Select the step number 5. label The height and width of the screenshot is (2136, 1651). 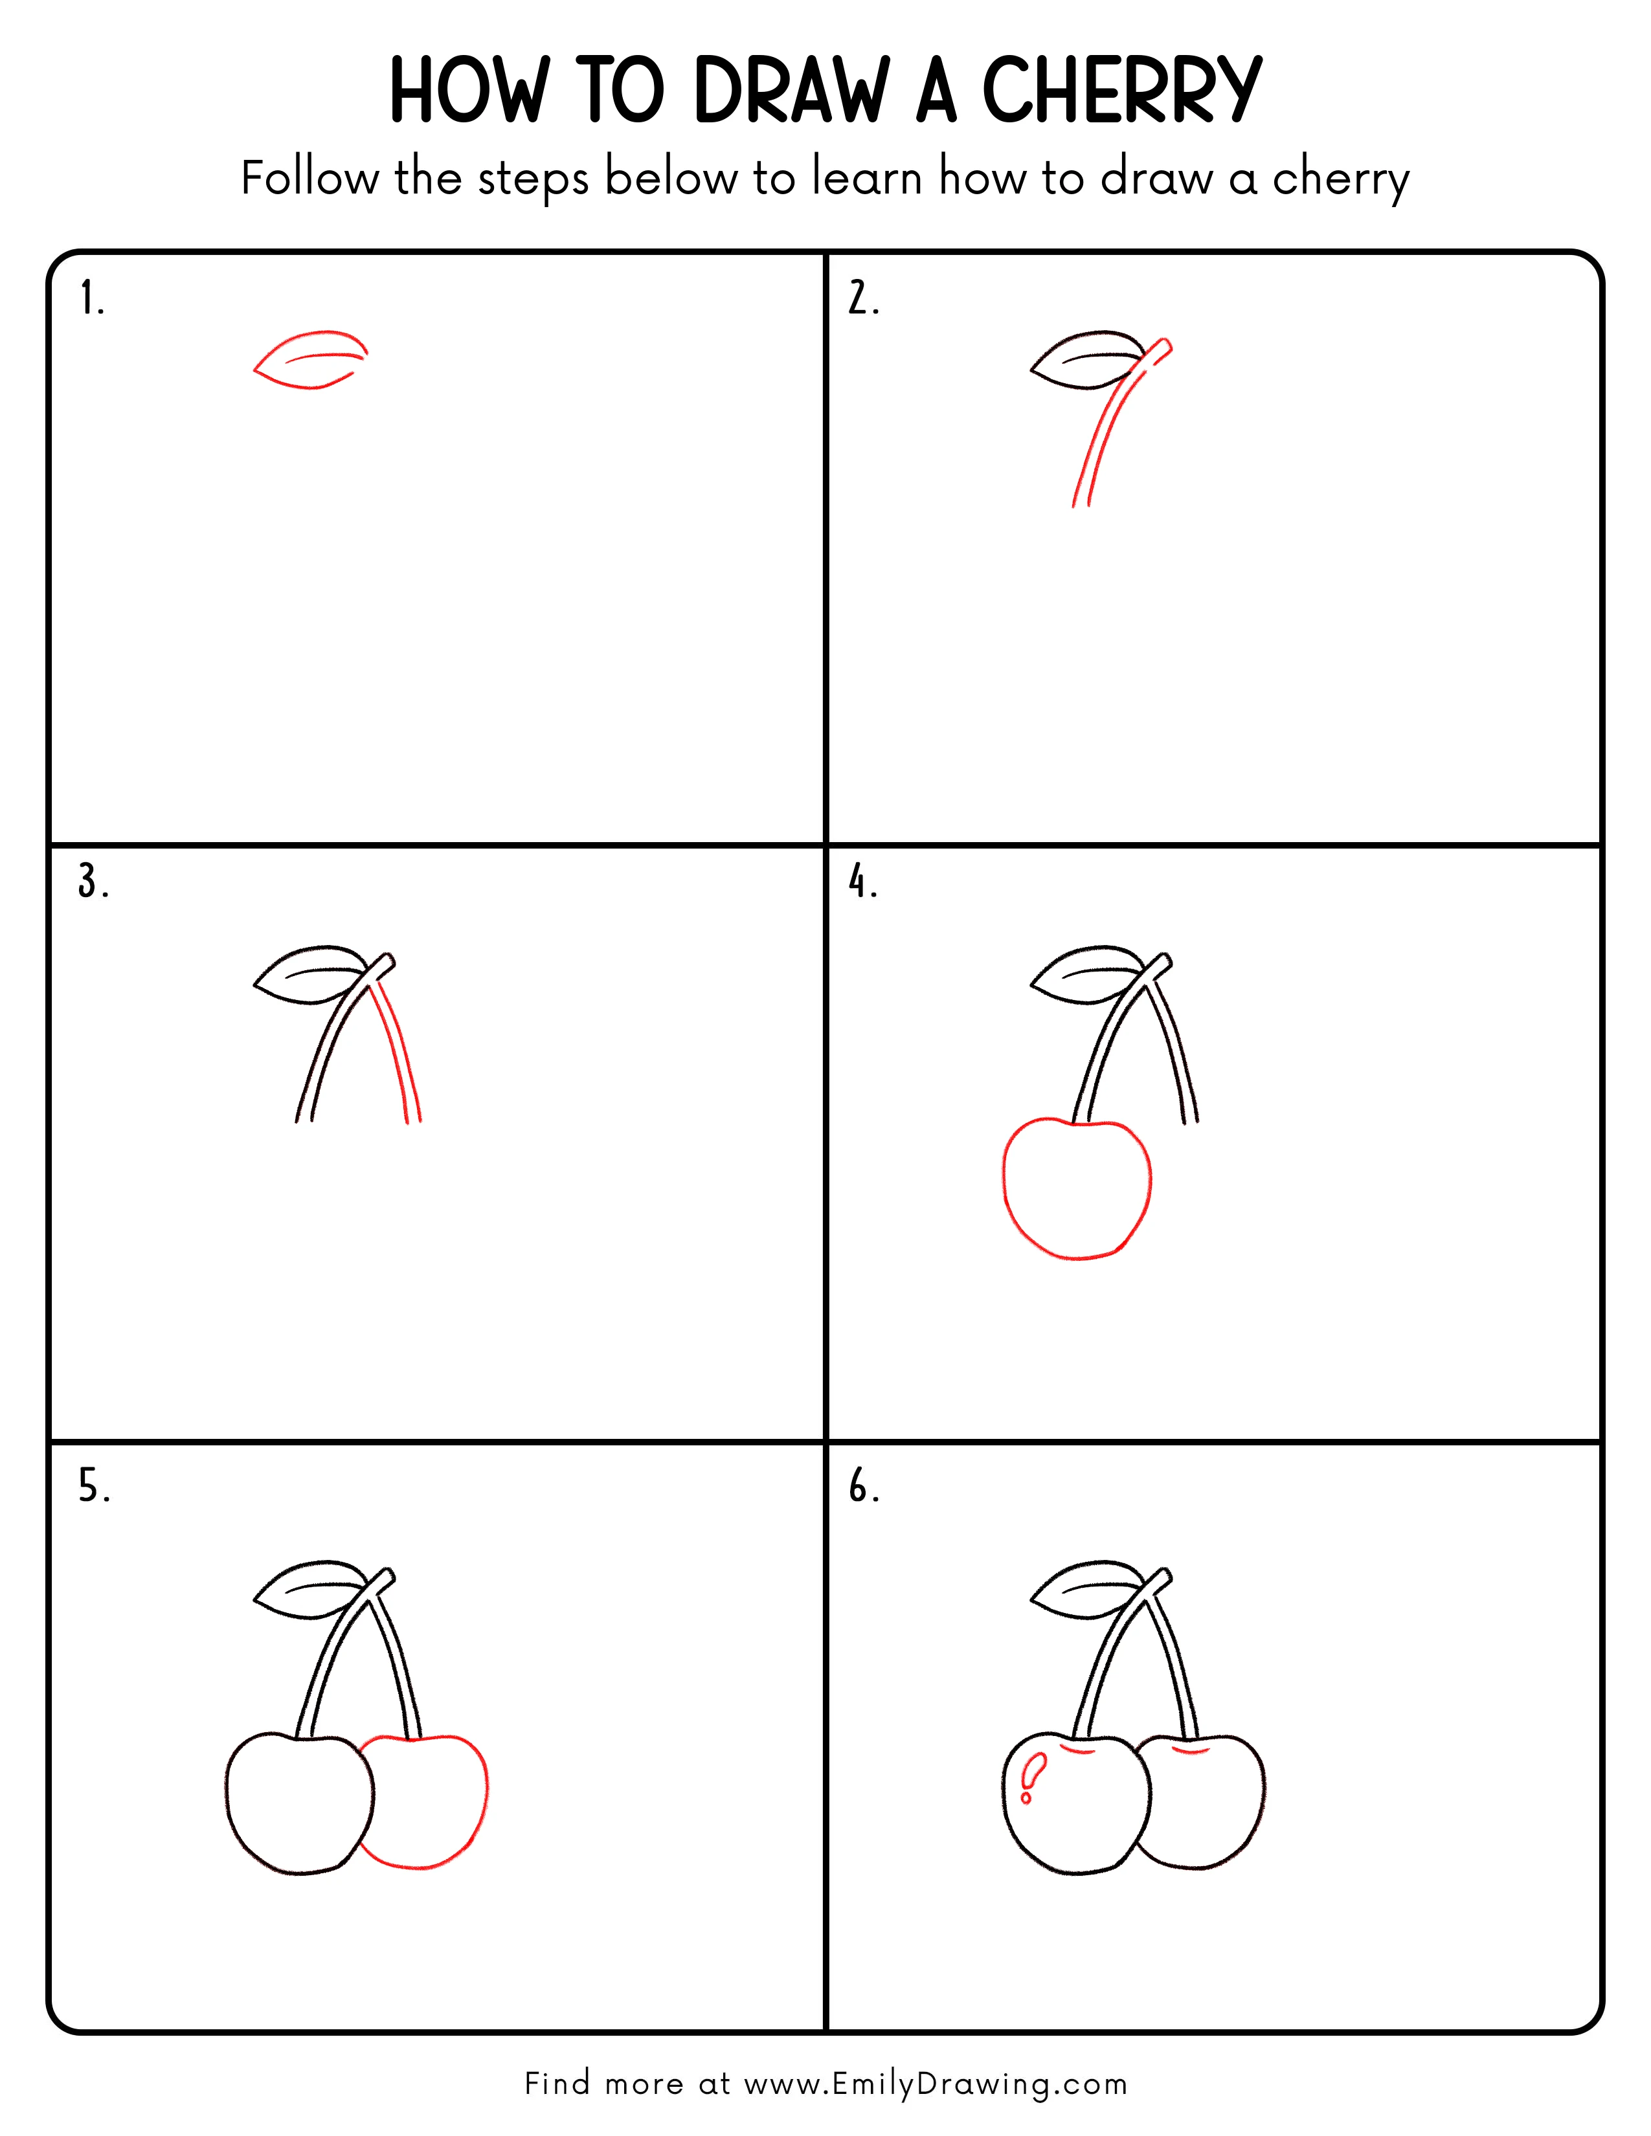point(94,1487)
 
